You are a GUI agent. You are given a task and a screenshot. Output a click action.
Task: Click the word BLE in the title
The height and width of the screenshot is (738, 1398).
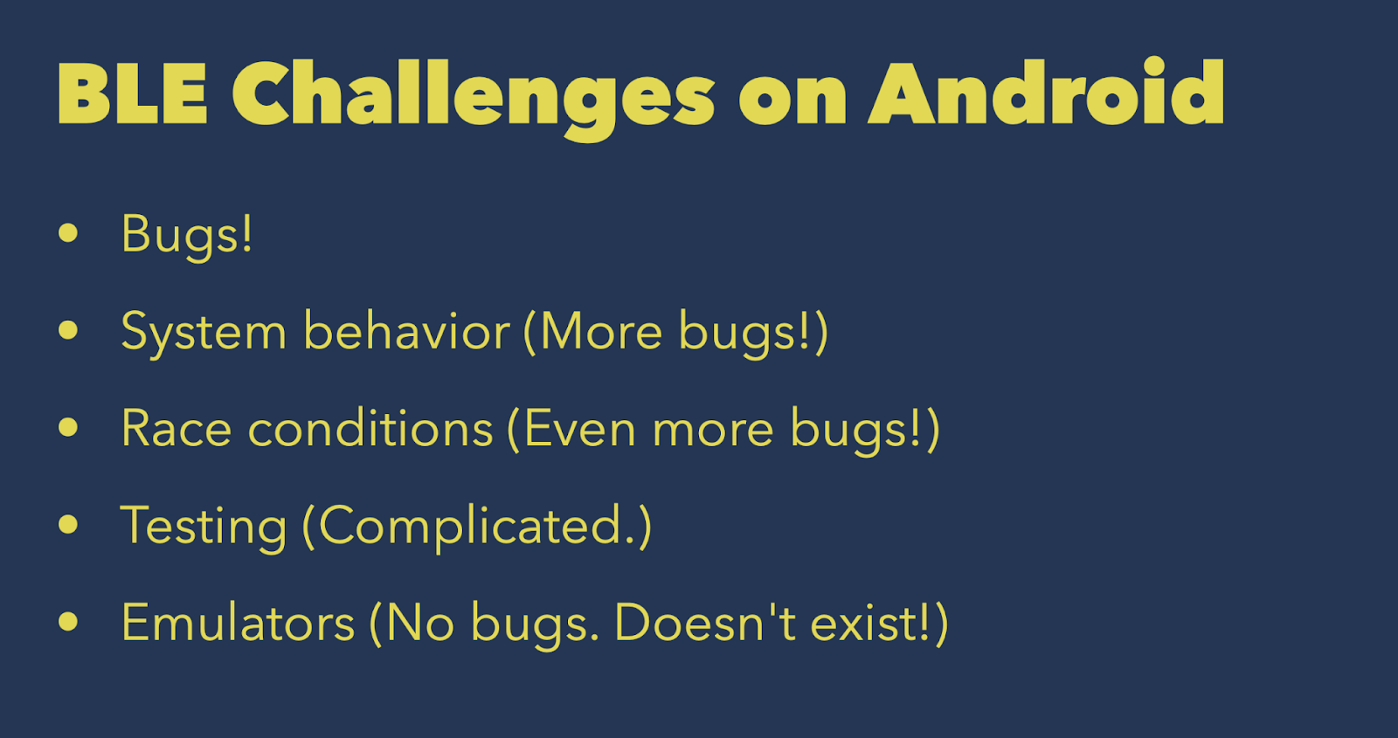tap(132, 93)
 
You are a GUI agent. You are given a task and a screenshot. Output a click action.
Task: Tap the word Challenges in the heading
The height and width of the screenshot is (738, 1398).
tap(473, 100)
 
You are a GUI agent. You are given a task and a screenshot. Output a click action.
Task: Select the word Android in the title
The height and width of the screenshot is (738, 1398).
tap(1046, 92)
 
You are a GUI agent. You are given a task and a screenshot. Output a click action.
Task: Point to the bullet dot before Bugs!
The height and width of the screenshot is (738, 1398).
tap(68, 232)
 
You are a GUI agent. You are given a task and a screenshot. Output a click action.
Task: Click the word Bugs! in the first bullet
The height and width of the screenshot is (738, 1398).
tap(187, 237)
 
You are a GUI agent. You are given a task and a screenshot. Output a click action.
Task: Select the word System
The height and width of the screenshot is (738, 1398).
tap(204, 334)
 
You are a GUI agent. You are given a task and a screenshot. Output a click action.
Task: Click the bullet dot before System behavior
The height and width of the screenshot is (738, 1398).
tap(68, 330)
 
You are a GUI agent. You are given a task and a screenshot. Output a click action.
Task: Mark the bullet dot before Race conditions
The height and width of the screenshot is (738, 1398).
tap(68, 427)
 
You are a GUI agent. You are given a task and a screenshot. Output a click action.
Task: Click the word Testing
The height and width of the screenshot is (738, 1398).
tap(204, 528)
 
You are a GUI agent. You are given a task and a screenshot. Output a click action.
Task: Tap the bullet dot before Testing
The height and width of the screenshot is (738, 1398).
tap(68, 525)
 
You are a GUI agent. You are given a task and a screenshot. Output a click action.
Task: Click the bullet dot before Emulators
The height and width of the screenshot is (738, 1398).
tap(68, 621)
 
